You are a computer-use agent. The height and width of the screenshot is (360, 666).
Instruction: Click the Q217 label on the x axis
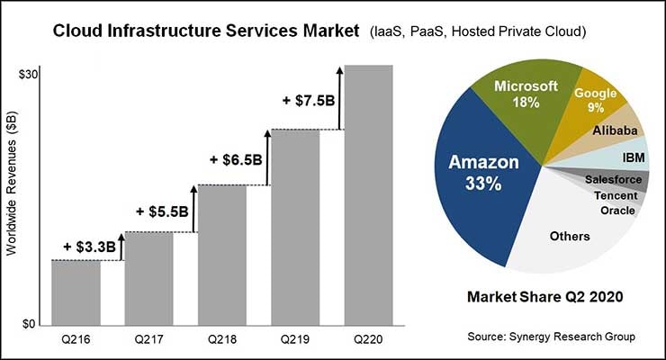148,340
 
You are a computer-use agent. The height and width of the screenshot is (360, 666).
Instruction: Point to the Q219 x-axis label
295,340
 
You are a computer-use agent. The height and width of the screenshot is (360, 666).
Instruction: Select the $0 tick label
30,324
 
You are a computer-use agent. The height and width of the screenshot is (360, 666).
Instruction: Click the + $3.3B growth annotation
90,247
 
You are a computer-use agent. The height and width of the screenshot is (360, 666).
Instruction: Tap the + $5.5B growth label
162,212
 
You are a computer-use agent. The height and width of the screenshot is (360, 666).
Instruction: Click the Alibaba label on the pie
616,131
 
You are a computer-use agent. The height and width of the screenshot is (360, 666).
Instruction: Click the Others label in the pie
569,237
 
